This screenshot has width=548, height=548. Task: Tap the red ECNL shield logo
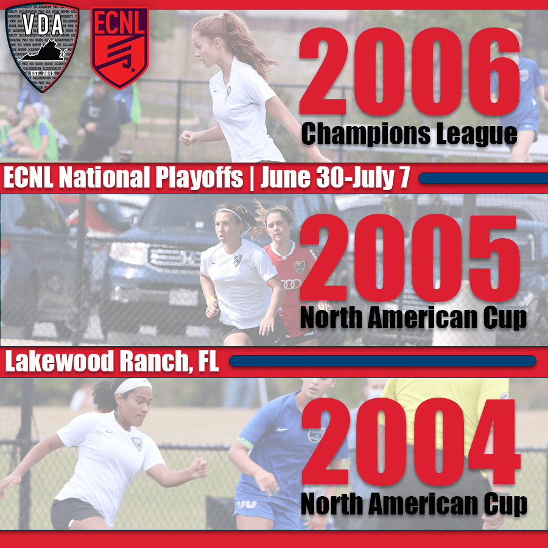[119, 46]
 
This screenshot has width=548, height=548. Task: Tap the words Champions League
[409, 134]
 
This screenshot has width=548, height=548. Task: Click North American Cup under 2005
[413, 318]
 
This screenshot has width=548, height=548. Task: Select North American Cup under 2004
[413, 505]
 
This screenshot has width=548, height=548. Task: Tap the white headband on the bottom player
[134, 386]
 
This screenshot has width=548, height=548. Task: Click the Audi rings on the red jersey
[291, 284]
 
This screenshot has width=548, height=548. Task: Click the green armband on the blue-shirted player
[245, 443]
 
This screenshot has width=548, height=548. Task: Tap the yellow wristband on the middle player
[210, 301]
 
